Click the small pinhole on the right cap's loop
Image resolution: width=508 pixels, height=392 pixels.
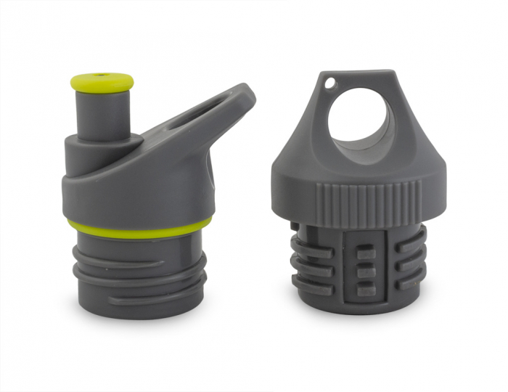(329, 83)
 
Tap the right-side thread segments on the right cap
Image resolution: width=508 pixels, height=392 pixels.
(411, 265)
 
